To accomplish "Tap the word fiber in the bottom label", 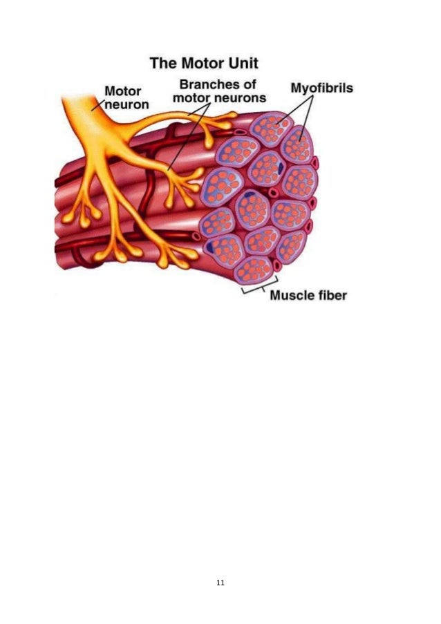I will pyautogui.click(x=330, y=296).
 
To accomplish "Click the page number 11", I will pyautogui.click(x=220, y=584).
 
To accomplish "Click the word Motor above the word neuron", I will pyautogui.click(x=123, y=91).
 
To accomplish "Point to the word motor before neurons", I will pyautogui.click(x=191, y=97).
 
